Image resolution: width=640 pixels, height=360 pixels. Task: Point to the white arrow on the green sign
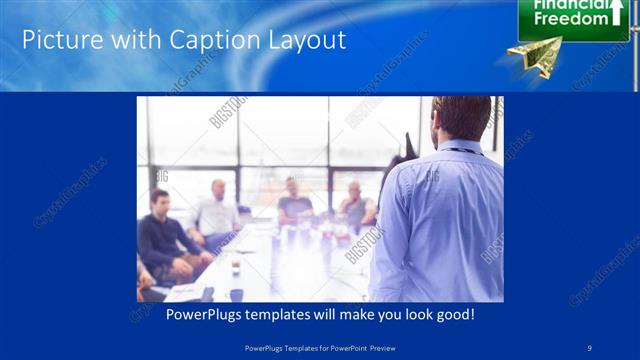(617, 12)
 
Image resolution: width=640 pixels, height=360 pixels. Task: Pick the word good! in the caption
(454, 314)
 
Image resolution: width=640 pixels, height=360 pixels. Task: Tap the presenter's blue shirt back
(440, 220)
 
